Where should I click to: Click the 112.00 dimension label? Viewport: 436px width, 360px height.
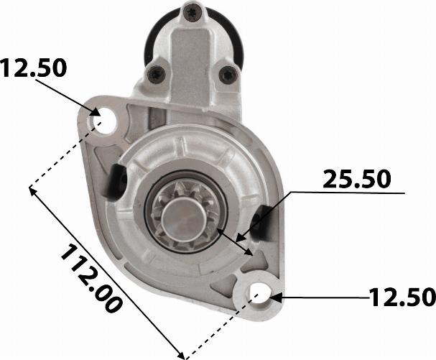(91, 279)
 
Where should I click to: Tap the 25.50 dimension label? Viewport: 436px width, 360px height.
(357, 179)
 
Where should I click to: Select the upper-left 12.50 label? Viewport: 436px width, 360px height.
(33, 68)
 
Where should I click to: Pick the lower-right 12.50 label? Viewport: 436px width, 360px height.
(402, 297)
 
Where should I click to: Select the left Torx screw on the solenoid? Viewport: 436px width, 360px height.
(156, 74)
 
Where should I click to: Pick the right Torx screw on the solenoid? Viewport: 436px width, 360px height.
(228, 75)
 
